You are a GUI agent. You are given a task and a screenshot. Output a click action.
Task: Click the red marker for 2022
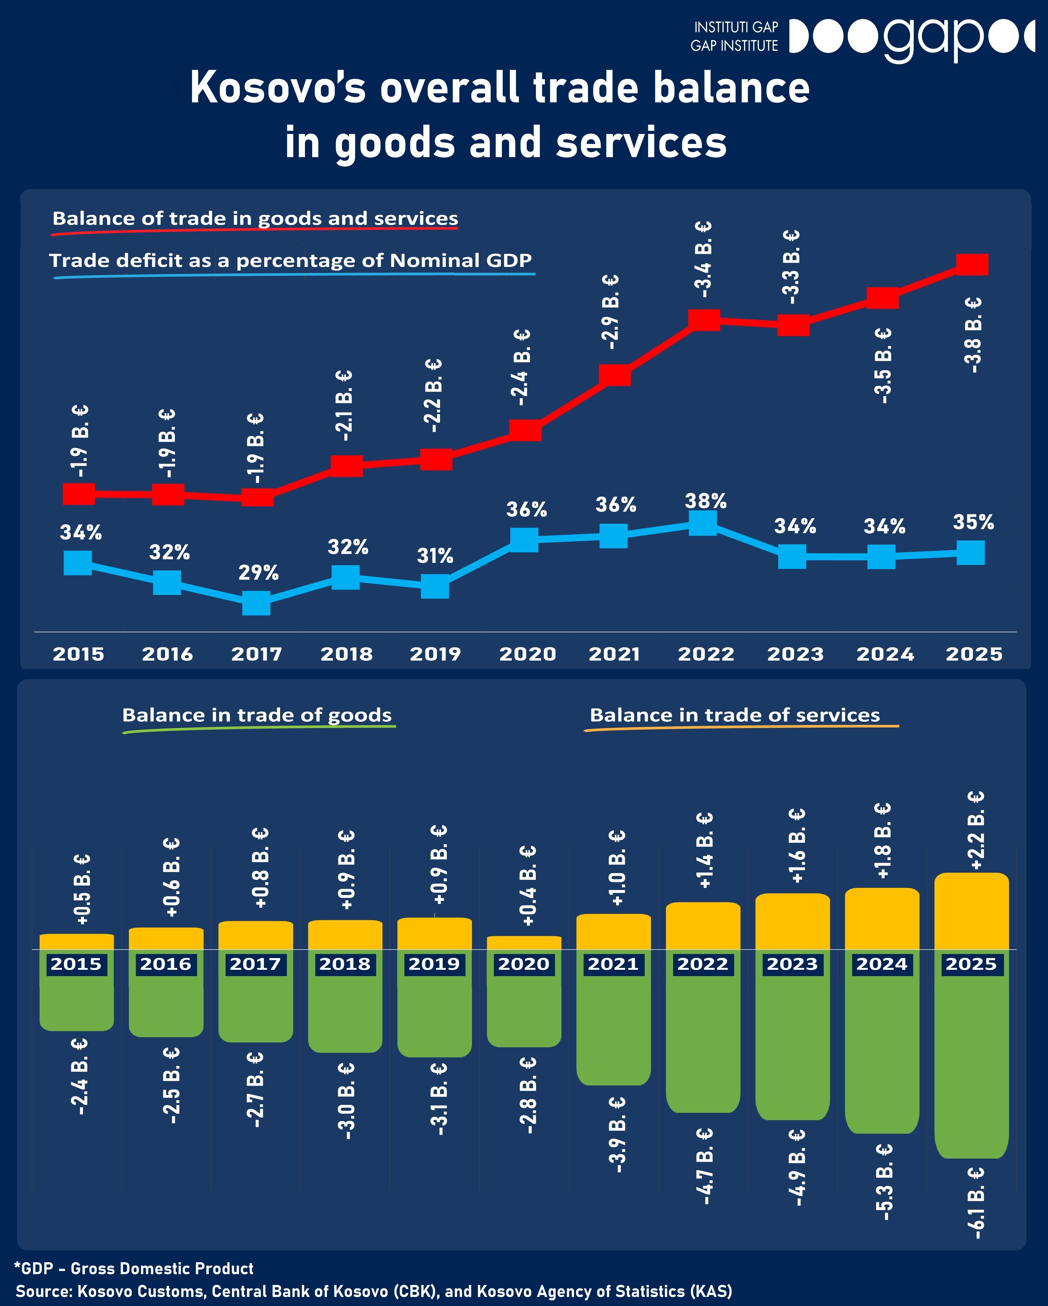704,320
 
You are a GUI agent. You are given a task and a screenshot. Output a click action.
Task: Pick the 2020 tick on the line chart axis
527,654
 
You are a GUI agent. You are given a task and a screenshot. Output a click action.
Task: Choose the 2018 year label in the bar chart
345,964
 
